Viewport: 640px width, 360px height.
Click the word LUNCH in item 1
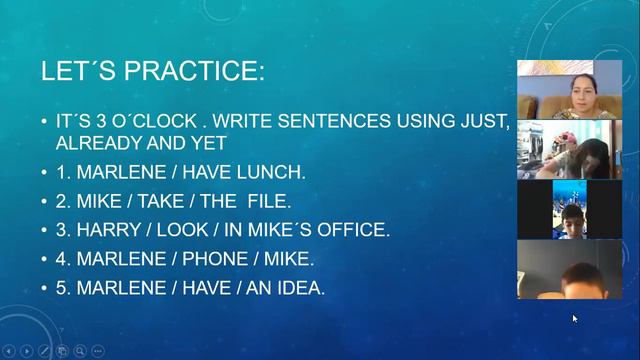[x=268, y=172]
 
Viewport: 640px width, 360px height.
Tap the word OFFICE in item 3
[x=352, y=230]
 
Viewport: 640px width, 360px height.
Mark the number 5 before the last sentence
[x=61, y=288]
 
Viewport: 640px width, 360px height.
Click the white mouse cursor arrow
[x=575, y=319]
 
